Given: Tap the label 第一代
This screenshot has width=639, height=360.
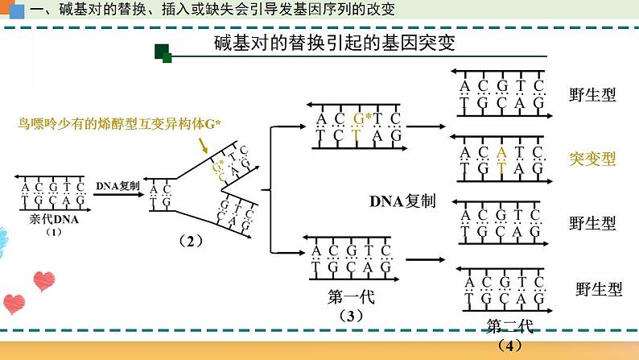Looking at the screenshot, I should point(352,296).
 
